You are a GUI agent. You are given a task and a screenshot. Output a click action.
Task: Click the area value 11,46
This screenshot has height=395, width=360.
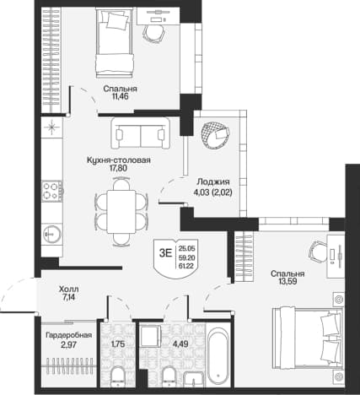(x=120, y=96)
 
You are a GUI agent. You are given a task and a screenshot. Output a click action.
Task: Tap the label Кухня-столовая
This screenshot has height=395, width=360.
(x=119, y=160)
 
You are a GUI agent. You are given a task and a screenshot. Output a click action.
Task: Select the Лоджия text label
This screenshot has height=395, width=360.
(x=213, y=182)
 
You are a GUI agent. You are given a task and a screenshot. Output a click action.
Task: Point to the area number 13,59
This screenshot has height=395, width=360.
(x=287, y=281)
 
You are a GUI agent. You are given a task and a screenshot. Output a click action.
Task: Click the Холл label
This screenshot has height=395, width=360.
(x=69, y=289)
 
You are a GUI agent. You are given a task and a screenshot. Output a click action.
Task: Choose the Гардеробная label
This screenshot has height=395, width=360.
(x=69, y=335)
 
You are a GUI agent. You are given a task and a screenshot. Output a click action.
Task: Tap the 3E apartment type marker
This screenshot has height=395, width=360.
(x=165, y=253)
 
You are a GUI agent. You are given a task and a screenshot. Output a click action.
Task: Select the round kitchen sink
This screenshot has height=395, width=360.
(x=52, y=233)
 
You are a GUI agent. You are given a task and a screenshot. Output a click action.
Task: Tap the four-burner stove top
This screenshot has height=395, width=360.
(x=51, y=191)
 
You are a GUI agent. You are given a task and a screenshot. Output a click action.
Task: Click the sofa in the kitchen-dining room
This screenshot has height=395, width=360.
(x=141, y=133)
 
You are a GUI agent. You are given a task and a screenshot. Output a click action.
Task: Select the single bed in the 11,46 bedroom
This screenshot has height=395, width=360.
(x=115, y=42)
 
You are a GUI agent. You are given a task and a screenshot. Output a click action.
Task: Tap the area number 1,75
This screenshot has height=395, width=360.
(x=118, y=344)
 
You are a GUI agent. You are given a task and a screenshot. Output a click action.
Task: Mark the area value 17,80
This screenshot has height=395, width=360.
(x=119, y=168)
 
